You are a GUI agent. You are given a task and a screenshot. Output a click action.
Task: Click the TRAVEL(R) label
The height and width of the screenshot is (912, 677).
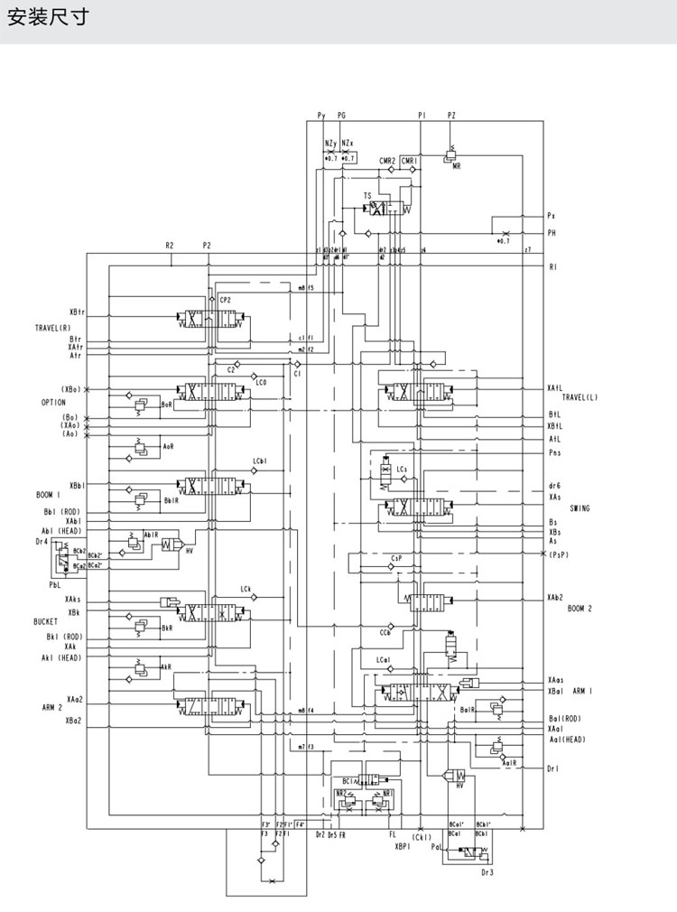point(53,327)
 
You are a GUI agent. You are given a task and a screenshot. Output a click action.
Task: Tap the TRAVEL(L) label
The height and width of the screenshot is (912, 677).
point(580,397)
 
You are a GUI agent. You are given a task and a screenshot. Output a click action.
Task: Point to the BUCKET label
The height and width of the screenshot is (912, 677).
point(46,622)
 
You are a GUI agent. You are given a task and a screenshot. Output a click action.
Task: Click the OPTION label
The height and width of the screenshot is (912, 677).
point(53,402)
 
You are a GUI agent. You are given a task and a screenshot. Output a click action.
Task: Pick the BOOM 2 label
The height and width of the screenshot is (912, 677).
point(580,609)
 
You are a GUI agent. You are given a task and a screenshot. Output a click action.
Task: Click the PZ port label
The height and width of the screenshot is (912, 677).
point(451,116)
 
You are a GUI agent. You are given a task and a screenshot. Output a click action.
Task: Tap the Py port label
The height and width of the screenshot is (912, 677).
point(320,116)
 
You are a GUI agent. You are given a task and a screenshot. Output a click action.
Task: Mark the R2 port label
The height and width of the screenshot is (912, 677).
point(170,246)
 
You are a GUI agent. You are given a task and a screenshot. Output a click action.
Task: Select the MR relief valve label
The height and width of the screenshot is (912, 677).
point(458,168)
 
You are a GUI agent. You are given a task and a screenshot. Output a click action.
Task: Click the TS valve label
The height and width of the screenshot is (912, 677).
point(367,195)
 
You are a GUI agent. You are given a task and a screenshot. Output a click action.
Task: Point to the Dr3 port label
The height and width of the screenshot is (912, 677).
point(487,872)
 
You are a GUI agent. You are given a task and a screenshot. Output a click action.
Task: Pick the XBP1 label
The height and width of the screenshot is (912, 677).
point(403,847)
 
